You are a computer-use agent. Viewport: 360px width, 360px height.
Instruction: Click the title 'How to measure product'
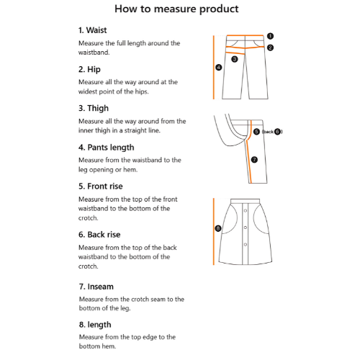click(176, 9)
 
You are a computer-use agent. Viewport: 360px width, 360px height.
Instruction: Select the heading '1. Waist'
click(92, 30)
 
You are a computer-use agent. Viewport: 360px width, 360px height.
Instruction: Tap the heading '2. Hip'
click(89, 69)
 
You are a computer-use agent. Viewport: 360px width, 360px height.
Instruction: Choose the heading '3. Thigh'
click(94, 108)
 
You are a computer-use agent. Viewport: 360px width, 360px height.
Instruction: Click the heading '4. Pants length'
click(106, 148)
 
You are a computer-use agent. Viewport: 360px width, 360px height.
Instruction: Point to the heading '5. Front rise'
click(100, 186)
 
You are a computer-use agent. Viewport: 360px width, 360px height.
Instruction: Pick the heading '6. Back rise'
click(99, 235)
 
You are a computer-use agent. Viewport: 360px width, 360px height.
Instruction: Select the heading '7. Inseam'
click(96, 287)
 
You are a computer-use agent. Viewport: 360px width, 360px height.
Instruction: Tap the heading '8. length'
click(95, 325)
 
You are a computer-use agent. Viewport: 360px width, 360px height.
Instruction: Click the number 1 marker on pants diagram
click(270, 36)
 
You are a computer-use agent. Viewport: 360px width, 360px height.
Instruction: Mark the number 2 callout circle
click(270, 48)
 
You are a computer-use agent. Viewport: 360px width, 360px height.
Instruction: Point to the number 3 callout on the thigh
click(235, 59)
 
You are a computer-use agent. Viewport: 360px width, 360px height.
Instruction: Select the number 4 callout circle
click(219, 68)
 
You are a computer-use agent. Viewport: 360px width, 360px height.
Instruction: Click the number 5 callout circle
click(256, 132)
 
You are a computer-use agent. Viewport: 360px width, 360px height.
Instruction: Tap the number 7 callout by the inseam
click(254, 160)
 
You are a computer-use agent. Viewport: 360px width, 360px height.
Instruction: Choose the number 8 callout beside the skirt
click(218, 228)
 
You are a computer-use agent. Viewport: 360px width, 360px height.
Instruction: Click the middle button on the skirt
click(246, 228)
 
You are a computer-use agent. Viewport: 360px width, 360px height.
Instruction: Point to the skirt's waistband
click(245, 201)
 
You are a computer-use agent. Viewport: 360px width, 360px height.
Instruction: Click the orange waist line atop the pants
click(245, 36)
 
